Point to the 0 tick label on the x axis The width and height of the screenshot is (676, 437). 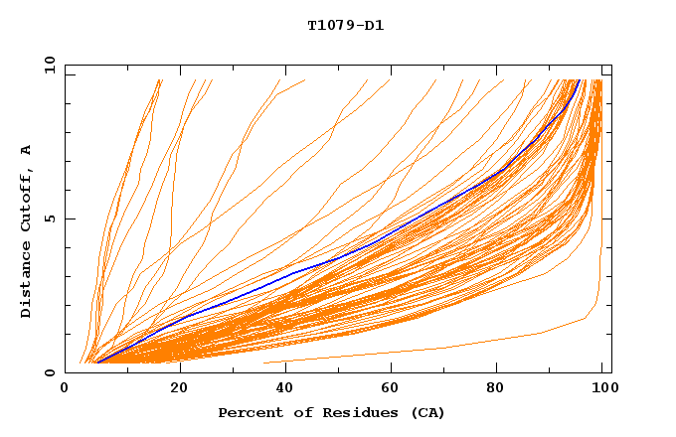(65, 388)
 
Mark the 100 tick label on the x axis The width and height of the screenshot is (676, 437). (603, 388)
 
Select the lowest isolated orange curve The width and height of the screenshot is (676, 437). (447, 348)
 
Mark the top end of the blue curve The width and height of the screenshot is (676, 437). (579, 80)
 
